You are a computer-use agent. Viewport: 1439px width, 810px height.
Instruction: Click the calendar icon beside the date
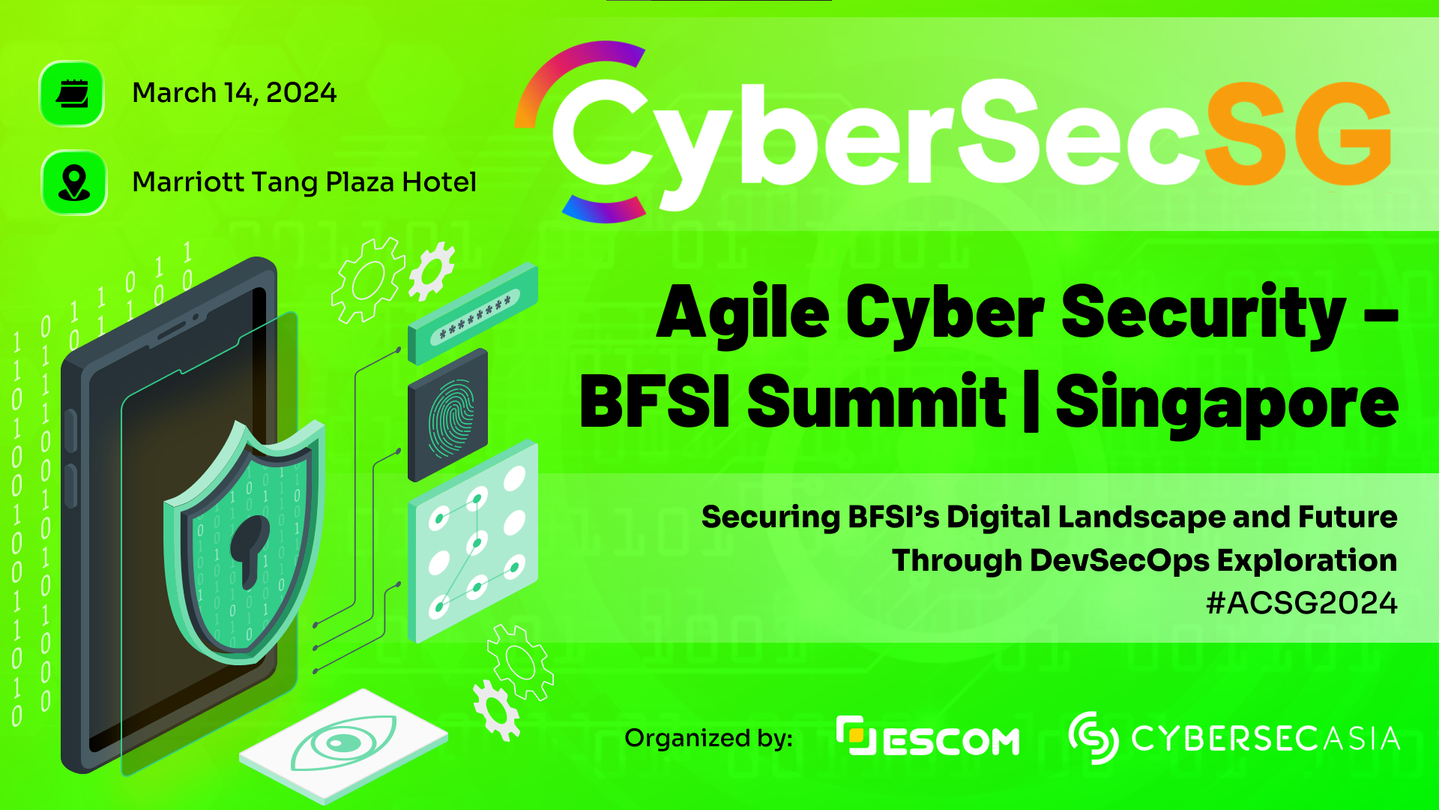72,94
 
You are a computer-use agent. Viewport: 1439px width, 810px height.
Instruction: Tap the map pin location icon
73,183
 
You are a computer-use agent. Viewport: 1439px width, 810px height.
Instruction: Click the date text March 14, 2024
235,93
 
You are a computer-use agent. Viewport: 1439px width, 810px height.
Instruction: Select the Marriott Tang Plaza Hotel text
304,182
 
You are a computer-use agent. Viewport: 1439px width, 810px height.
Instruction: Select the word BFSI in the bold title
654,401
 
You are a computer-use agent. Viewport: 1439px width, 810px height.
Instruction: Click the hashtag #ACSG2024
1302,603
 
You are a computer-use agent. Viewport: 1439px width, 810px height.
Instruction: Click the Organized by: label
709,739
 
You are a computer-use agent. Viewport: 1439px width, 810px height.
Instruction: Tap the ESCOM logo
928,736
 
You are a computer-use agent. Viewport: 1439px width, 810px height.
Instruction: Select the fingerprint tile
448,415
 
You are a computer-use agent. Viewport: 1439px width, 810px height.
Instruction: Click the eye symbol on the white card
344,742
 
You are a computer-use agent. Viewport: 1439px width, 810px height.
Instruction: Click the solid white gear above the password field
432,271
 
